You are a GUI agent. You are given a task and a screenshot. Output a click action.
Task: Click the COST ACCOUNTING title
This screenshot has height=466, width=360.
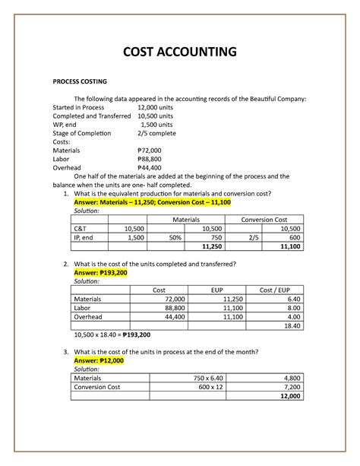coord(180,52)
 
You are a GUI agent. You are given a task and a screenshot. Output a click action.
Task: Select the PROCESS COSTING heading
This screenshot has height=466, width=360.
coord(80,81)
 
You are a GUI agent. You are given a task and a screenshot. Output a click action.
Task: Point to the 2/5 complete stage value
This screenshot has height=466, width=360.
coord(157,133)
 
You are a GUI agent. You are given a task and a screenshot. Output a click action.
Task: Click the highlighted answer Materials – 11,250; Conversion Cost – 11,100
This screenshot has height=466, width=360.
coord(152,203)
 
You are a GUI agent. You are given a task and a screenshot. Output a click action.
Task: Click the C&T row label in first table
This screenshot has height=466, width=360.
coord(81,228)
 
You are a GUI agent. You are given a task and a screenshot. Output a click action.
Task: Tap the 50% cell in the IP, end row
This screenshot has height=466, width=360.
coord(174,237)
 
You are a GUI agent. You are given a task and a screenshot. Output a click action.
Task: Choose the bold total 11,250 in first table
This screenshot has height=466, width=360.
coord(213,246)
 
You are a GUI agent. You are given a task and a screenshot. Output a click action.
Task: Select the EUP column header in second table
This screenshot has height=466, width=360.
coord(216,290)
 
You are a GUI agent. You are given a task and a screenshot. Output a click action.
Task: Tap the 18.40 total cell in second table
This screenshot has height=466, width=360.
coord(290,325)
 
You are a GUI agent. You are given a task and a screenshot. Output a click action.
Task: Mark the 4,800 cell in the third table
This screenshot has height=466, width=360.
coord(290,378)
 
